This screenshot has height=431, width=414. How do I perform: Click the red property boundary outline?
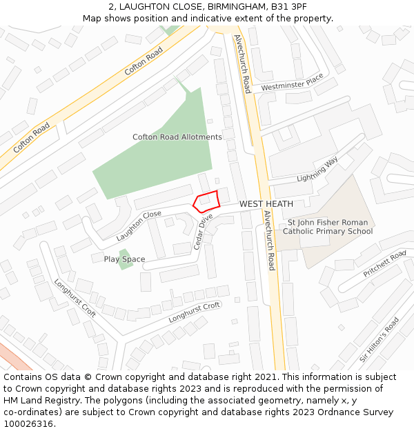tap(206, 201)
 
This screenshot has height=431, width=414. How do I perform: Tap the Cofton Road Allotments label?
tap(177, 137)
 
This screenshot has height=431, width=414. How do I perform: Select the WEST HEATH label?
tap(266, 204)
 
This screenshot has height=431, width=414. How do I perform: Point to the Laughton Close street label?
tap(139, 225)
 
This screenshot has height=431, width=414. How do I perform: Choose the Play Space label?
tap(124, 259)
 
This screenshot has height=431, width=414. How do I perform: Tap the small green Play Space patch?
tap(125, 259)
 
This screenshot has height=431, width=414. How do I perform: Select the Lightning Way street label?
tap(317, 170)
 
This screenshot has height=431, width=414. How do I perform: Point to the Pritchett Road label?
tap(385, 264)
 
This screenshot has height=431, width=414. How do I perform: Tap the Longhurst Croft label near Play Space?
tap(75, 298)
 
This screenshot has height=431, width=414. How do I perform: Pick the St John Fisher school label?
tap(328, 227)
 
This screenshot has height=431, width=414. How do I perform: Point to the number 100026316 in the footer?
tap(30, 423)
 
